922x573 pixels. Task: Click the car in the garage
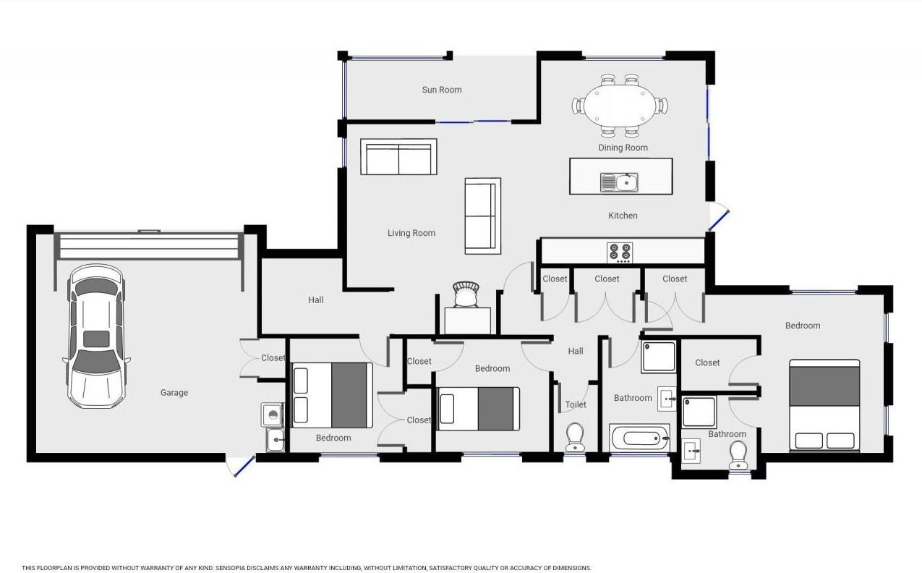point(96,336)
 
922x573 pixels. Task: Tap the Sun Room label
point(442,90)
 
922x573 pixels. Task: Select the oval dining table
point(620,106)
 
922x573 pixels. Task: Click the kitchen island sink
point(619,182)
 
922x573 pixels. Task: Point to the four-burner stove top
point(620,252)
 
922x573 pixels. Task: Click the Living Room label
point(411,233)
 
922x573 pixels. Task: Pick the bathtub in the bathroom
point(640,438)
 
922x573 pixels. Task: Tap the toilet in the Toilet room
point(575,437)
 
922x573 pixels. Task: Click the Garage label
point(174,393)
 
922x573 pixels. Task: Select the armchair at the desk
point(466,294)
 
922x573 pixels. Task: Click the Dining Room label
point(623,148)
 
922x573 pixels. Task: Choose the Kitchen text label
point(623,216)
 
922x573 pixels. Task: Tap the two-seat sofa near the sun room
point(398,157)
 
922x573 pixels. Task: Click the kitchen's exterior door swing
point(719,216)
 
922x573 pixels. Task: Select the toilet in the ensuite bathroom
point(738,455)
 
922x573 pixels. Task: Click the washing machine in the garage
point(272,415)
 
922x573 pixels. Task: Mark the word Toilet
point(576,404)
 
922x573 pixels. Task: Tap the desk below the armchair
point(468,321)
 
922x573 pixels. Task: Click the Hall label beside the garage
point(316,300)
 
